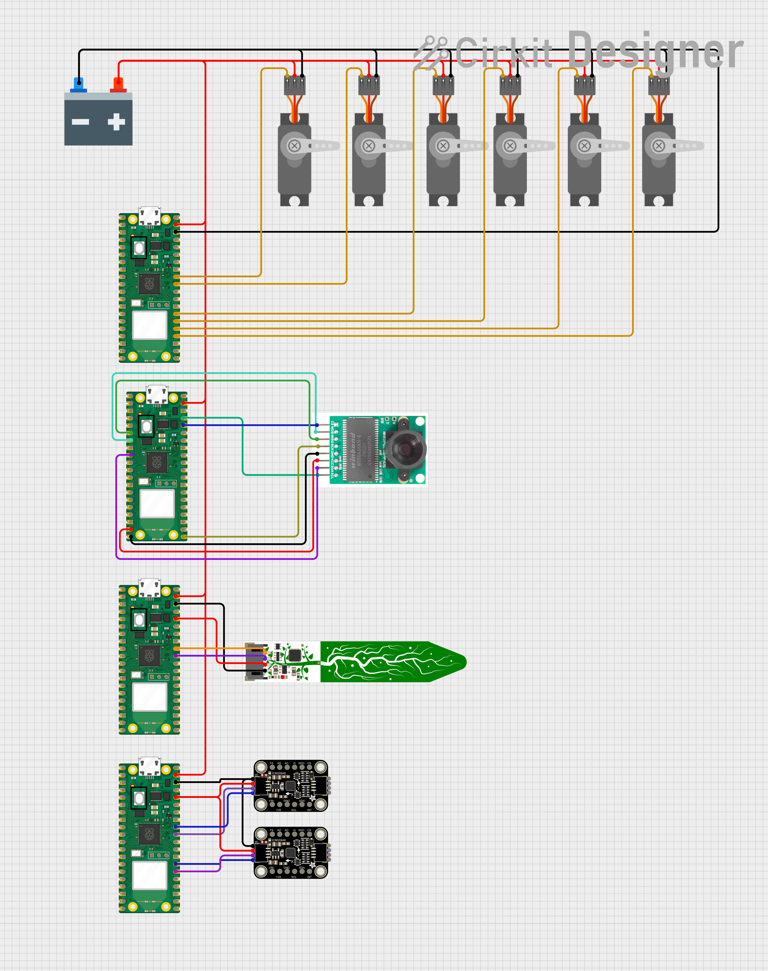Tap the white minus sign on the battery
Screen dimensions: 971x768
pyautogui.click(x=80, y=122)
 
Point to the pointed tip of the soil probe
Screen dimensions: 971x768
pyautogui.click(x=463, y=662)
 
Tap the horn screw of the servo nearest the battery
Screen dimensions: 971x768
pyautogui.click(x=294, y=146)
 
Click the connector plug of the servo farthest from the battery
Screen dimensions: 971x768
pyautogui.click(x=659, y=86)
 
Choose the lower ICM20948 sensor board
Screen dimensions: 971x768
pyautogui.click(x=291, y=853)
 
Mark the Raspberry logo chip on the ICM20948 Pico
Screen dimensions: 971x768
pyautogui.click(x=149, y=834)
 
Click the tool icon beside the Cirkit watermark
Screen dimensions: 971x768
pyautogui.click(x=431, y=52)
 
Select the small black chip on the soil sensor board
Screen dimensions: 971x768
pyautogui.click(x=294, y=655)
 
